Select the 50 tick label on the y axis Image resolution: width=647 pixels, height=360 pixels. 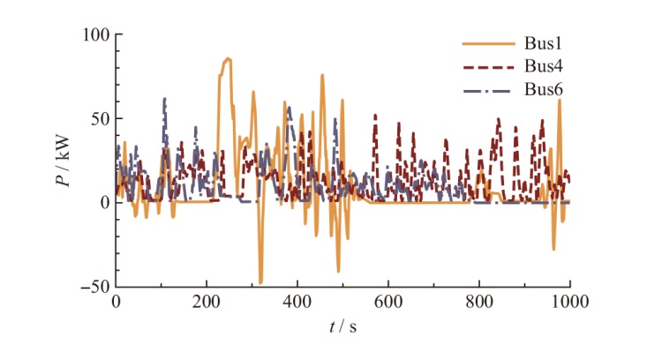point(98,118)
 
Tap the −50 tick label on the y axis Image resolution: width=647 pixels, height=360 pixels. point(93,287)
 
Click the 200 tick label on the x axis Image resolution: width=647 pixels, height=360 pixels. point(207,300)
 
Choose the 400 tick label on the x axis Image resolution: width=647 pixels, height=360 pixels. point(297,300)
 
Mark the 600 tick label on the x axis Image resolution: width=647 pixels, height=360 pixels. point(388,300)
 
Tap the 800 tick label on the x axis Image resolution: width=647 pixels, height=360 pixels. point(479,300)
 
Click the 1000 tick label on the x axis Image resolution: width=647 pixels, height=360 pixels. point(569,300)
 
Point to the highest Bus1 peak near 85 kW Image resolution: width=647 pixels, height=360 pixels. point(228,59)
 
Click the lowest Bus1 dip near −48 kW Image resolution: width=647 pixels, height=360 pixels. point(260,282)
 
